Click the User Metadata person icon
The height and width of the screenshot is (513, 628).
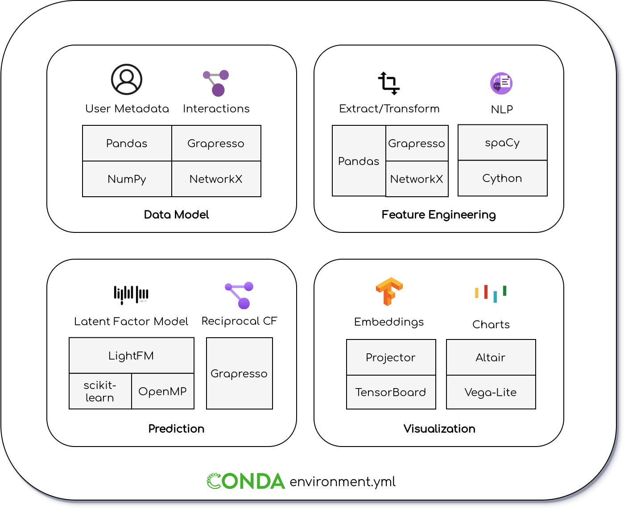[x=127, y=79]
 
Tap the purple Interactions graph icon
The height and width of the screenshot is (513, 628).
[x=216, y=83]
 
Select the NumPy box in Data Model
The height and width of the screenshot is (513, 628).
[x=127, y=179]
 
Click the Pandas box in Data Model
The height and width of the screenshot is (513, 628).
[x=127, y=143]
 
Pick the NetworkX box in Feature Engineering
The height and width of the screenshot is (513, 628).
[x=417, y=179]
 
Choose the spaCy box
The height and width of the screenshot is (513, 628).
[x=502, y=142]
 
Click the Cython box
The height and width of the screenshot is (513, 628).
[x=502, y=178]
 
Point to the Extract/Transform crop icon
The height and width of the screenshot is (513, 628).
[x=388, y=83]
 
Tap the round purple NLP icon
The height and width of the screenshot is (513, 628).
[x=501, y=83]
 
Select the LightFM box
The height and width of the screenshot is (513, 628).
[x=131, y=356]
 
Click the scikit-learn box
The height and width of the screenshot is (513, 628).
[x=100, y=391]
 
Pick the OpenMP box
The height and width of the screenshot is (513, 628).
[x=162, y=391]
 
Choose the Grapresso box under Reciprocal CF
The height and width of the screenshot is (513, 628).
[x=239, y=373]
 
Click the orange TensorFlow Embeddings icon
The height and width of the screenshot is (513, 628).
[x=389, y=291]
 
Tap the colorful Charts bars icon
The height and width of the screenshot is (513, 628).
[x=491, y=293]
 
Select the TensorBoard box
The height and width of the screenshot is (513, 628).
[x=391, y=392]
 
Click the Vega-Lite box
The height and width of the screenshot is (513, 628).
[x=491, y=392]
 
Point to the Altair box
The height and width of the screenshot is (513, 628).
[x=491, y=357]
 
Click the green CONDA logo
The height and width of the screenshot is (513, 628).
[x=246, y=481]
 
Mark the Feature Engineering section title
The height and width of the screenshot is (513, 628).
[x=438, y=215]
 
